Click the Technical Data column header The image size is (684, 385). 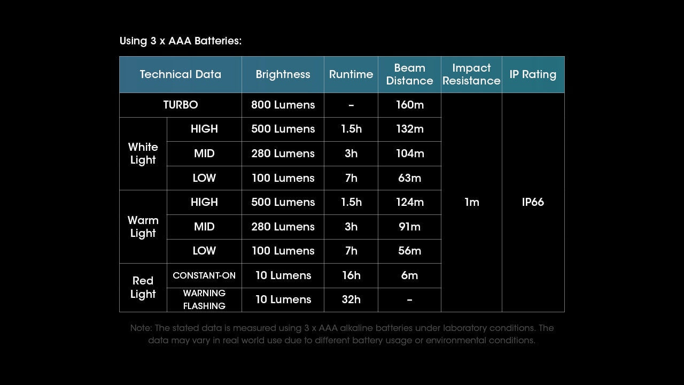pos(180,74)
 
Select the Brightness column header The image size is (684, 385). pos(283,74)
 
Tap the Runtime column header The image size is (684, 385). pos(351,74)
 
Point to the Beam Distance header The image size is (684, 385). pos(409,74)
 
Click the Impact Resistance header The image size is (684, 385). pos(471,74)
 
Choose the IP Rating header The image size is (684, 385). pos(533,74)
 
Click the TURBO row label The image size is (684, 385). pos(180,105)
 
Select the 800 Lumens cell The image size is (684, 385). pos(283,105)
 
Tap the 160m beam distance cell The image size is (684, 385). pos(409,105)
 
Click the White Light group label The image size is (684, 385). pos(143,153)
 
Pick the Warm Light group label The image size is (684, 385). pos(143,227)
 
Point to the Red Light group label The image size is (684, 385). pos(143,287)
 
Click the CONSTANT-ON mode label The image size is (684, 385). pos(204,275)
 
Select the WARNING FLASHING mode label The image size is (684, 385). pos(204,299)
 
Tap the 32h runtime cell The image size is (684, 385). pos(351,299)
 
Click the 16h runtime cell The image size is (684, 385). pos(351,275)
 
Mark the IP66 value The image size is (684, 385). pos(533,202)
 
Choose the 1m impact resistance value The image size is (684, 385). pos(471,202)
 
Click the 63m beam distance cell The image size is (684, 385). pos(409,178)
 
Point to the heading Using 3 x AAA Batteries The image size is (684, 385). pos(181,41)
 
